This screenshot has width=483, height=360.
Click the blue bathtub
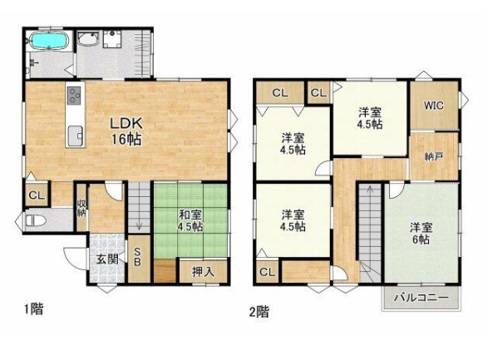pos(48,41)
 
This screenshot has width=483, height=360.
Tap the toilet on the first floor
pos(35,220)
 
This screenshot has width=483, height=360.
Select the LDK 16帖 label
pos(126,131)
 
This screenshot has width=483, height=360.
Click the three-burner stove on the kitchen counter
pos(75,95)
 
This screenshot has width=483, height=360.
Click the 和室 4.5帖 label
pos(190,221)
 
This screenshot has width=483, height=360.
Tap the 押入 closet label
pos(203,272)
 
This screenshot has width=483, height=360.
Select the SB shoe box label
pos(137,257)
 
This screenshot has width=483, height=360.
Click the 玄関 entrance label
pos(107,259)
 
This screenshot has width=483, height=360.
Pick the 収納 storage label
pos(81,208)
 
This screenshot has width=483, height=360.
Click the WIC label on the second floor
pos(434,106)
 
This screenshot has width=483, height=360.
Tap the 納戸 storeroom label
pos(434,156)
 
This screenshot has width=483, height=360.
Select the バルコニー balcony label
pos(421,298)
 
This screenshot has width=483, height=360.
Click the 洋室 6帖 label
pos(421,233)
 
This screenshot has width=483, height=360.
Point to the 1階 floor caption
pos(34,309)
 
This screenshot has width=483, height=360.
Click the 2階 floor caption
pos(259,311)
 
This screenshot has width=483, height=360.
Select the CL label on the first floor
pos(37,195)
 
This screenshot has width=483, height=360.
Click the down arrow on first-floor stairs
pos(139,226)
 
